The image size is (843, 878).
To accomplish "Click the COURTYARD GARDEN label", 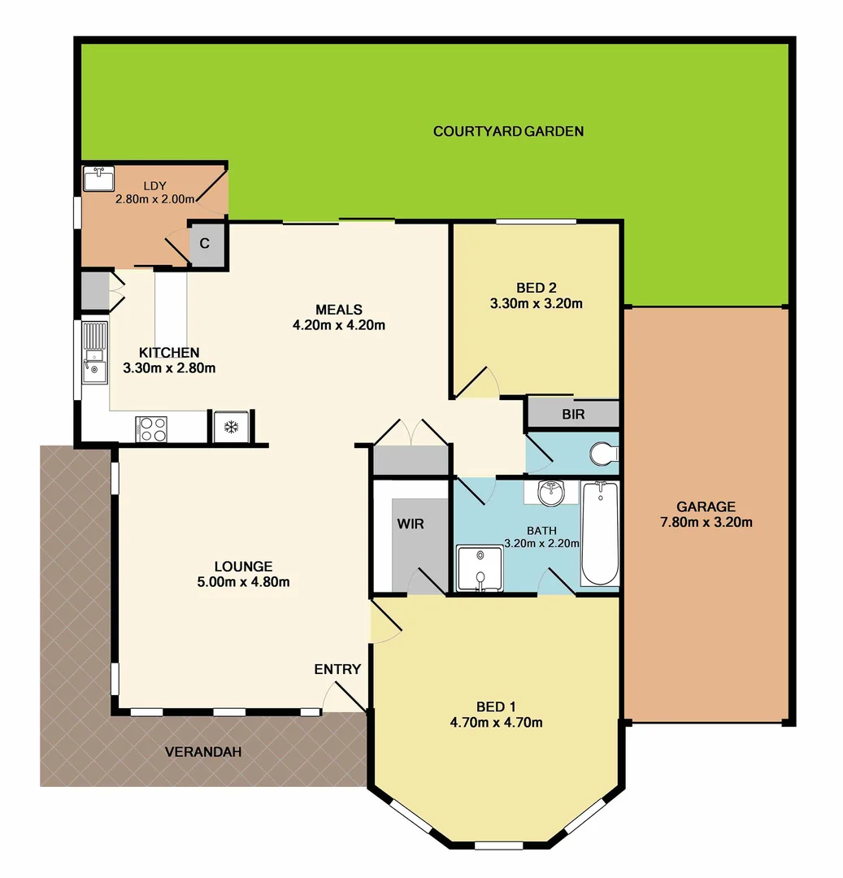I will point(508,131).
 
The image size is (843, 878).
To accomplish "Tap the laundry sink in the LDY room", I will point(99,179).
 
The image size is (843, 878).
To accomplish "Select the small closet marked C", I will point(205,243).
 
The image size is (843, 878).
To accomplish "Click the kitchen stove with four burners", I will point(150,428).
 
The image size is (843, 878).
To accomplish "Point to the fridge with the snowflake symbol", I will point(232,427).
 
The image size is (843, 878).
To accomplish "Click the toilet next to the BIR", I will point(605,454).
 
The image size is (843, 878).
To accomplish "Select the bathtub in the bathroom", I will point(600,533).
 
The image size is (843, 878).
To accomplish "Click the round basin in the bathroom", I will point(552,492).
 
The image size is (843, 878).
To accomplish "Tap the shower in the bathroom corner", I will point(479,569).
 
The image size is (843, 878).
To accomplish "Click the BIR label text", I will point(573,414).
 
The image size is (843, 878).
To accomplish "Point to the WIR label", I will point(411,524).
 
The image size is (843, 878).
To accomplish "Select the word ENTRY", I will point(337,669).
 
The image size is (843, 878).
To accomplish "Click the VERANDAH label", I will point(203,752).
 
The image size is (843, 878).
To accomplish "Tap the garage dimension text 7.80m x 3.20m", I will point(704,522).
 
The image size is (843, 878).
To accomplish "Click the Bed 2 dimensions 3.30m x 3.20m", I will point(537,304).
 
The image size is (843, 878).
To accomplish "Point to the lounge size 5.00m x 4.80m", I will point(243,581).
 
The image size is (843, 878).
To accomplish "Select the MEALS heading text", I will point(339,309).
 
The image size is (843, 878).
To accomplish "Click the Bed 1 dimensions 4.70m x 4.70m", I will point(496,722).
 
